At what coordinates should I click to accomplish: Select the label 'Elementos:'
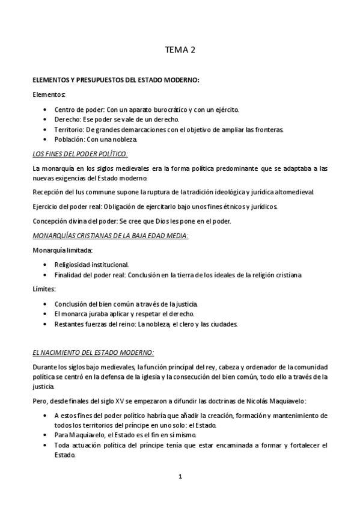click(x=50, y=95)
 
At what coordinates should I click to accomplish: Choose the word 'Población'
click(x=69, y=139)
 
